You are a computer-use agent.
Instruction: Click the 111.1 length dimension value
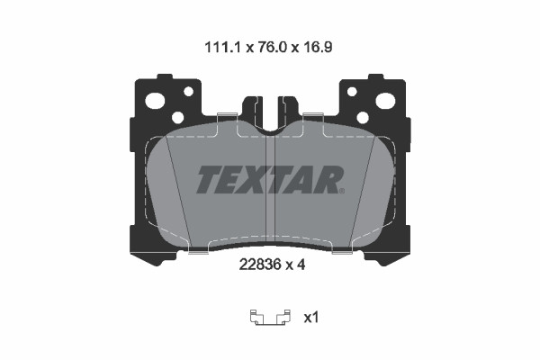[223, 47]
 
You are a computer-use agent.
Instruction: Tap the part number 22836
[259, 265]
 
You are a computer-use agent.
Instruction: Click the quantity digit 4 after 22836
[301, 265]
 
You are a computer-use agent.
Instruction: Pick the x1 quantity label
[311, 318]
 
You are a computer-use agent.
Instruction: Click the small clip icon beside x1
[270, 318]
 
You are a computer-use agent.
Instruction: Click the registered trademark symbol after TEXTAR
[342, 191]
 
